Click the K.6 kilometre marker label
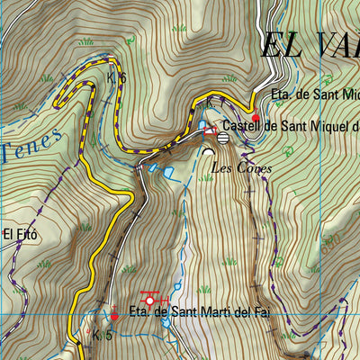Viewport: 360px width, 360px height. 116,79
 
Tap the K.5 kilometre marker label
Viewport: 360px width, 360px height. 102,336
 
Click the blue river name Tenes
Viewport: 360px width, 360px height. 31,144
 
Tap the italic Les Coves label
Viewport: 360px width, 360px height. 240,167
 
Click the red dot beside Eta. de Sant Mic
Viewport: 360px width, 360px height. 255,118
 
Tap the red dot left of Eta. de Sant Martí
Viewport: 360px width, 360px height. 114,316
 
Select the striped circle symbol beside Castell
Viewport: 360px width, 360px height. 222,138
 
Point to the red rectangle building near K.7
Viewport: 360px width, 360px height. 210,131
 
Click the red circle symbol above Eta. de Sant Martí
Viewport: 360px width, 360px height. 150,301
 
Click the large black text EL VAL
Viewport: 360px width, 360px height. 310,45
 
